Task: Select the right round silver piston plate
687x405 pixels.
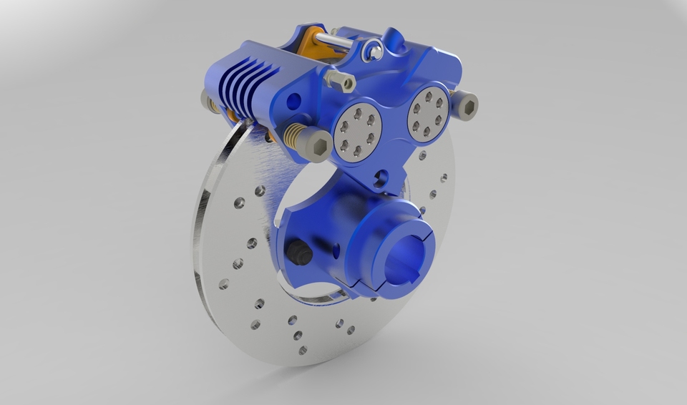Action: (x=427, y=112)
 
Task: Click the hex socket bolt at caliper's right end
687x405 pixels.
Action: (x=465, y=107)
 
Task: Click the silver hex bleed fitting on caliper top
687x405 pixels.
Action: (x=341, y=80)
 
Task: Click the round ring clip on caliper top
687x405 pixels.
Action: (x=369, y=49)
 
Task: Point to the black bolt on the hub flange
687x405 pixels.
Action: (x=296, y=252)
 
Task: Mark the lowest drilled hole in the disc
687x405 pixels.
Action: (x=302, y=350)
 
